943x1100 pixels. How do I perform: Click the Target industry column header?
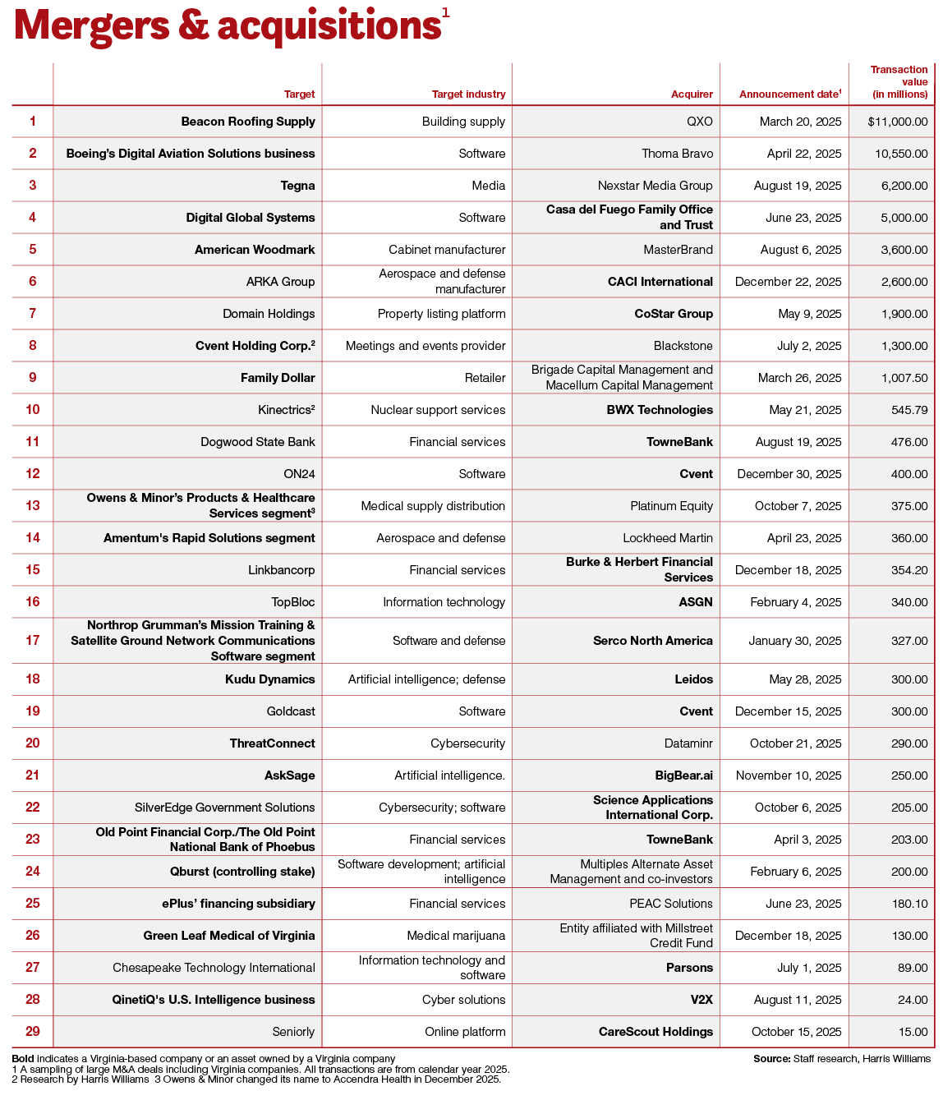tap(468, 94)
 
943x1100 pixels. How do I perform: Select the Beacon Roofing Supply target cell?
tap(248, 122)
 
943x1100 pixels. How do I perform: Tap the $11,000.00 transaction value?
tap(897, 122)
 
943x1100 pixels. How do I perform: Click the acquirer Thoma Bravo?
tap(677, 154)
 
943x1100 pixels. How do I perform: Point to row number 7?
tap(33, 314)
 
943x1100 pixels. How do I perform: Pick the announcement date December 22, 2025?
tap(788, 282)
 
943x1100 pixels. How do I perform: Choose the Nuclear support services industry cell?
tap(438, 410)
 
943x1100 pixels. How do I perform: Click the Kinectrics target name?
tap(286, 410)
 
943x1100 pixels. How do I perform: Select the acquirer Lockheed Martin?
tap(667, 538)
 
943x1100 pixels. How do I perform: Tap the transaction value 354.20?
tap(909, 570)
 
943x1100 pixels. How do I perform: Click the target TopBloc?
tap(292, 602)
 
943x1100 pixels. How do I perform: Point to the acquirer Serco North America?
tap(652, 641)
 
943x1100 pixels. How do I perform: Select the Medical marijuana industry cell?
tap(456, 936)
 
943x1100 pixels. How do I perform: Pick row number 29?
tap(33, 1032)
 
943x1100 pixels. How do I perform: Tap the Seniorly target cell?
tap(293, 1032)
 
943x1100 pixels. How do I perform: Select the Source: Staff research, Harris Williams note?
tap(841, 1059)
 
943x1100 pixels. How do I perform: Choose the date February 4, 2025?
tap(795, 602)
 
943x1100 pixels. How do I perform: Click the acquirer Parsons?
tap(689, 968)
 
